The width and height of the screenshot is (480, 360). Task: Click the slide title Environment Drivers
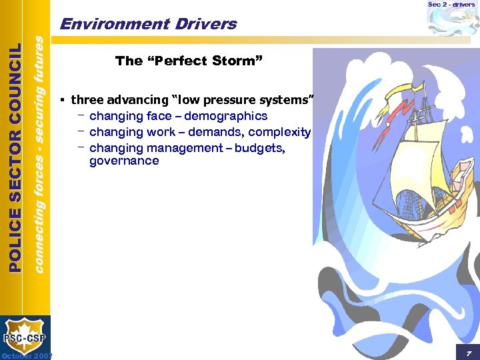[x=148, y=25]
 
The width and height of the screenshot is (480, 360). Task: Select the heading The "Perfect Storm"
[x=189, y=61]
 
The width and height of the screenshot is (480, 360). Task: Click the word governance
[x=124, y=161]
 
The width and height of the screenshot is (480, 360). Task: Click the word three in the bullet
[x=86, y=100]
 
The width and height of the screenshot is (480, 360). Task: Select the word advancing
[x=136, y=100]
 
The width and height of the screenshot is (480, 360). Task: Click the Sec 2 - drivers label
[x=451, y=5]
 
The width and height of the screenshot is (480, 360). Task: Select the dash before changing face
[x=80, y=115]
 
